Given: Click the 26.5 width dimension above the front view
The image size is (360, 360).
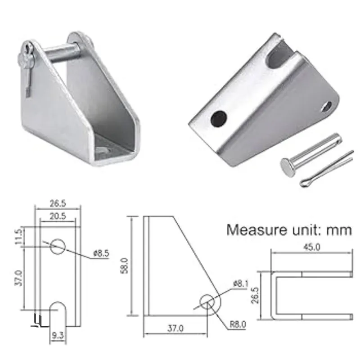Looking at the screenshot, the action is pyautogui.click(x=58, y=203).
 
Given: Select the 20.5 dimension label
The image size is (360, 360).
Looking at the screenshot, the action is pyautogui.click(x=58, y=216).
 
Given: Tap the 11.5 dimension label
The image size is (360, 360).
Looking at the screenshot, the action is pyautogui.click(x=19, y=237).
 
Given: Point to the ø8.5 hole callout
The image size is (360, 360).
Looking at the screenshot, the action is pyautogui.click(x=101, y=253).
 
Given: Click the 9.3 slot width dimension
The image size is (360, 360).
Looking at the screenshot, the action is pyautogui.click(x=58, y=336).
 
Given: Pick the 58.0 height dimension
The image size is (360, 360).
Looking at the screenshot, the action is pyautogui.click(x=124, y=266).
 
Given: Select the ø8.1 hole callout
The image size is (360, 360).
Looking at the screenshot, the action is pyautogui.click(x=241, y=284).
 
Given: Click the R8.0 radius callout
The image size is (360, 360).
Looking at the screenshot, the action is pyautogui.click(x=238, y=324).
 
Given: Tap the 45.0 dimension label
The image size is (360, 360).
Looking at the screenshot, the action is pyautogui.click(x=311, y=247).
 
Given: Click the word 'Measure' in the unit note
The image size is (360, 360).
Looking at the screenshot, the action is pyautogui.click(x=256, y=229).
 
